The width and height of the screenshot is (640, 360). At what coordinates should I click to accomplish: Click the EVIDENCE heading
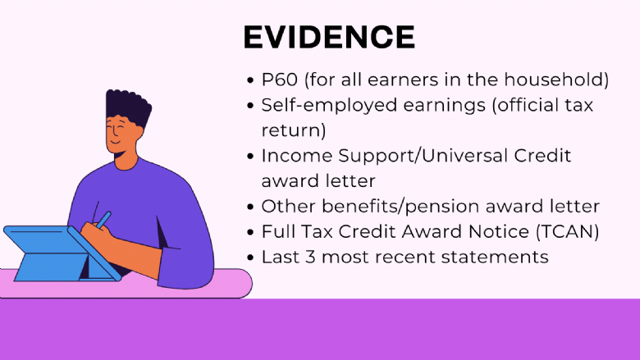tap(329, 37)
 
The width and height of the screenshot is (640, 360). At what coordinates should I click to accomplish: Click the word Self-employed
tap(329, 105)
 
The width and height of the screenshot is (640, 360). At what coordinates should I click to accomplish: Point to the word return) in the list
tap(294, 130)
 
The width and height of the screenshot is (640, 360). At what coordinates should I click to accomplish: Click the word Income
tap(297, 156)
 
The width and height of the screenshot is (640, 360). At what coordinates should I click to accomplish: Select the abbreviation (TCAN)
tap(567, 231)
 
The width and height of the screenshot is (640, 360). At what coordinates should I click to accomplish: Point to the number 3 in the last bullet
tap(310, 257)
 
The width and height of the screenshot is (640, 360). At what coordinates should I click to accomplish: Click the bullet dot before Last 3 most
tap(250, 257)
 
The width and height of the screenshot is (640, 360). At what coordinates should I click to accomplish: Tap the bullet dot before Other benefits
tap(250, 207)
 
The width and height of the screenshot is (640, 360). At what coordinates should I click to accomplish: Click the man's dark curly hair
tap(128, 107)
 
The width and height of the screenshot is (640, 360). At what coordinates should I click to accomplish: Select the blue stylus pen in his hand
tap(104, 219)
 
